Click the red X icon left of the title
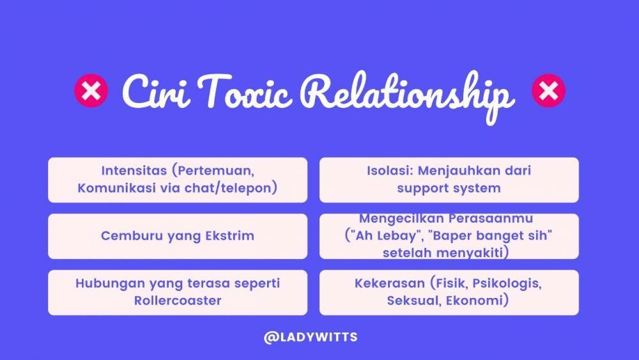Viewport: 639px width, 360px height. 91,91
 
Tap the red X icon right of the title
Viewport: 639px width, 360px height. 548,91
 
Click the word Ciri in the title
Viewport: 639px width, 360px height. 156,91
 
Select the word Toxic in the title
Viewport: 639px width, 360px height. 245,91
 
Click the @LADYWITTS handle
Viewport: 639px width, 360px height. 311,337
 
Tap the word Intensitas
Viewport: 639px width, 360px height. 134,171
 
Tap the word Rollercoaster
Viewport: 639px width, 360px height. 178,301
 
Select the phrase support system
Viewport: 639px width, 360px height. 449,189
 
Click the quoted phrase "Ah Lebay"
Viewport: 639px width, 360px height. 385,236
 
